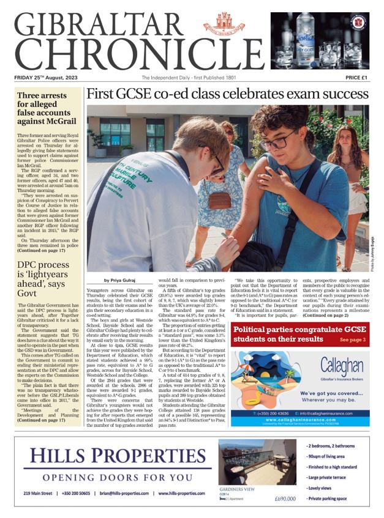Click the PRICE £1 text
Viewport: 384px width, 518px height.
[x=356, y=78]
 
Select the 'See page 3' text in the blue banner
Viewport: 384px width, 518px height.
[x=353, y=339]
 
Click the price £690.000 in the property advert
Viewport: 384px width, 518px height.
[x=286, y=498]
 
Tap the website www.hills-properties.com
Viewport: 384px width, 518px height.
[x=181, y=493]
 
